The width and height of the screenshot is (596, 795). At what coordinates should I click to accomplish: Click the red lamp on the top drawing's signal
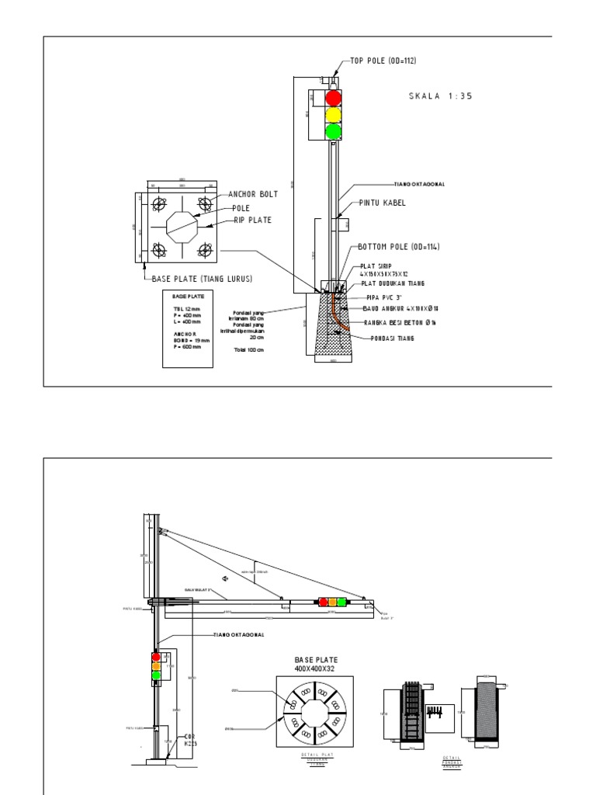(333, 98)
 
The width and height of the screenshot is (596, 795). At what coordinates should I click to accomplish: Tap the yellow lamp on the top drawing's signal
(333, 115)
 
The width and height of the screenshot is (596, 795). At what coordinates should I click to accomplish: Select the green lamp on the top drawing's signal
(333, 131)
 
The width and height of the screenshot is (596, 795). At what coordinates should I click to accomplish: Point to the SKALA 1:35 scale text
(440, 96)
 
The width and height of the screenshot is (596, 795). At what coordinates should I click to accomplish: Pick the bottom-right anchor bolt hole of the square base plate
(206, 249)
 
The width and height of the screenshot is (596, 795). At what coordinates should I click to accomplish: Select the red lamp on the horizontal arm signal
(323, 602)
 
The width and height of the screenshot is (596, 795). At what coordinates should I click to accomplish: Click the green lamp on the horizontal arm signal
(341, 602)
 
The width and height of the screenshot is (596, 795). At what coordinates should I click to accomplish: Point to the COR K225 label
(189, 740)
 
